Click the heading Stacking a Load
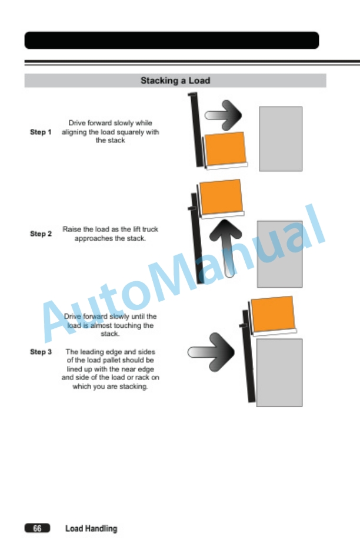click(x=175, y=81)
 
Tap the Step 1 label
click(x=41, y=132)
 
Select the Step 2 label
click(x=41, y=234)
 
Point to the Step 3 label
click(x=41, y=352)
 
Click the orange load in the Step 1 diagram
click(x=225, y=148)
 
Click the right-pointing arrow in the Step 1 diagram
click(x=224, y=115)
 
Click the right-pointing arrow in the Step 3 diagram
click(x=211, y=352)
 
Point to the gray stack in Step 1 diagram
click(x=281, y=139)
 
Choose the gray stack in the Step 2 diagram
click(x=280, y=254)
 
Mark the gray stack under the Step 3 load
click(x=279, y=372)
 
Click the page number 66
click(x=37, y=528)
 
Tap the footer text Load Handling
click(x=91, y=528)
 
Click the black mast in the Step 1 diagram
click(x=196, y=130)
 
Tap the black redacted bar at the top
click(x=172, y=40)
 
